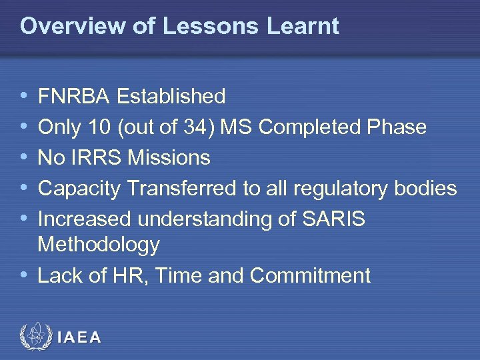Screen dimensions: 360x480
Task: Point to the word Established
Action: pos(171,97)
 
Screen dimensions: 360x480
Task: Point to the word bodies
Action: pos(427,189)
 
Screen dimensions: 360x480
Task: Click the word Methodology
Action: pos(99,245)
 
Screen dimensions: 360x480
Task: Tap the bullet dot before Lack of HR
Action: pos(24,275)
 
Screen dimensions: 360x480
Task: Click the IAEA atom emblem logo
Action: pos(35,337)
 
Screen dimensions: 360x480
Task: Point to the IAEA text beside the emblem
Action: pos(79,337)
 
